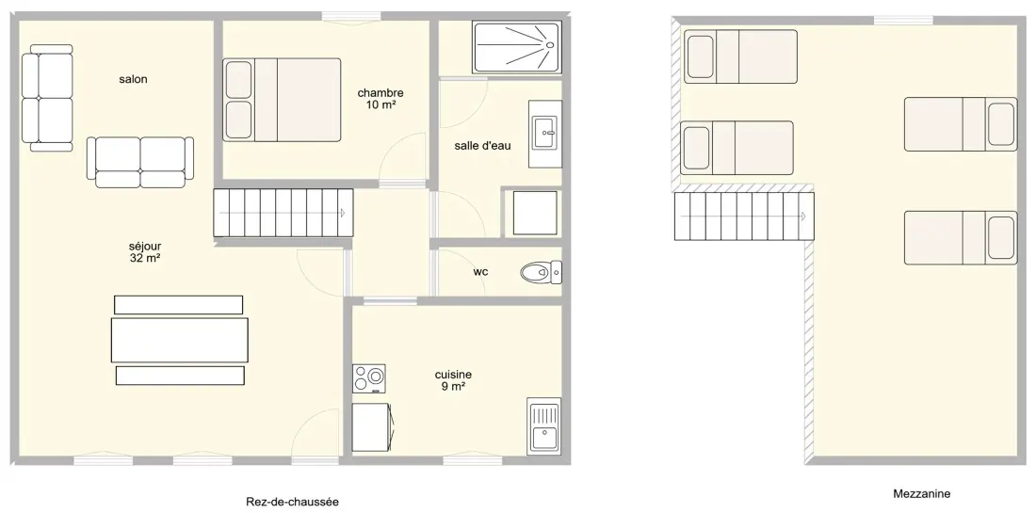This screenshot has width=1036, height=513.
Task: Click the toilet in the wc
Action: [x=541, y=272]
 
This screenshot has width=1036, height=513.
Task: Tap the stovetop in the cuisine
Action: [x=369, y=379]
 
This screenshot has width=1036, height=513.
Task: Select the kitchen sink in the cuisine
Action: [x=543, y=425]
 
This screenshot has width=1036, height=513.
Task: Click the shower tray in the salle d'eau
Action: [x=517, y=46]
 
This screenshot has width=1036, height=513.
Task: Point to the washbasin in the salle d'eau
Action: [x=545, y=134]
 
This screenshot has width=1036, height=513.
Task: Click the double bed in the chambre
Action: [x=283, y=100]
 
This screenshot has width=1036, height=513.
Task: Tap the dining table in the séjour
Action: [x=180, y=340]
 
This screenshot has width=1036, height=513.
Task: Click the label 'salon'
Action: [x=133, y=79]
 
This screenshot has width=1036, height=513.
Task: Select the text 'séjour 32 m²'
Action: [x=145, y=252]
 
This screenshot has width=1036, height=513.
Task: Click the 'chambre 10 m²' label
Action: [x=380, y=99]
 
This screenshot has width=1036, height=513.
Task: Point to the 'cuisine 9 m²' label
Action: [x=453, y=380]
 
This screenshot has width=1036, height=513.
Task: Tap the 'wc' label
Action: [x=480, y=271]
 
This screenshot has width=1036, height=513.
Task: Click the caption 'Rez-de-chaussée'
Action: [x=292, y=502]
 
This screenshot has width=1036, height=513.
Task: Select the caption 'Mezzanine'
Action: [x=922, y=493]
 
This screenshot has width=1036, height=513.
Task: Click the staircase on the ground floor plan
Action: [x=283, y=213]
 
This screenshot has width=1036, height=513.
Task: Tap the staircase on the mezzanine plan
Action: [x=744, y=216]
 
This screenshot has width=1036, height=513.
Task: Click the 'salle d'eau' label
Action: [x=482, y=146]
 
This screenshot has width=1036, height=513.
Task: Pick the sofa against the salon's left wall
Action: [x=47, y=98]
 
